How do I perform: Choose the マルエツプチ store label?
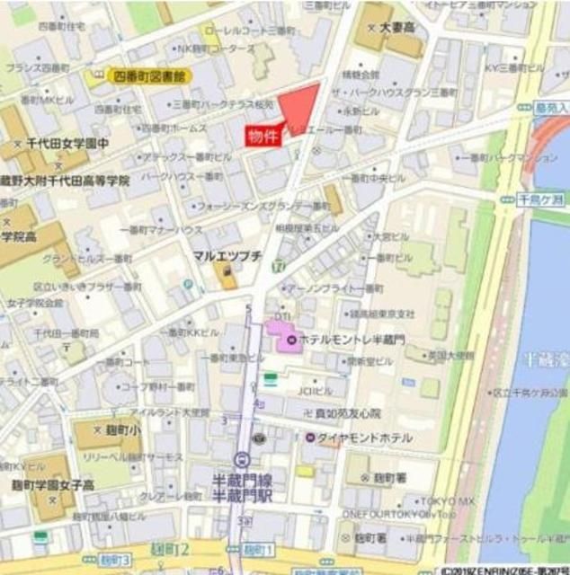tap(227, 256)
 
